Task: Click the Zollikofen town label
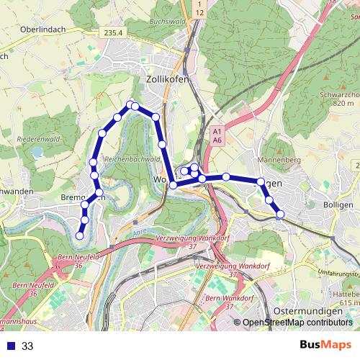tap(167, 79)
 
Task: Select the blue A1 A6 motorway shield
tap(217, 136)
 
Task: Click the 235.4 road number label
tap(114, 32)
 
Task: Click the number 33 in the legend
tap(27, 346)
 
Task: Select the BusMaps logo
tap(325, 345)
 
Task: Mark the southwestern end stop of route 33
tap(80, 235)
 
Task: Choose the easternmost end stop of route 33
tap(280, 214)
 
